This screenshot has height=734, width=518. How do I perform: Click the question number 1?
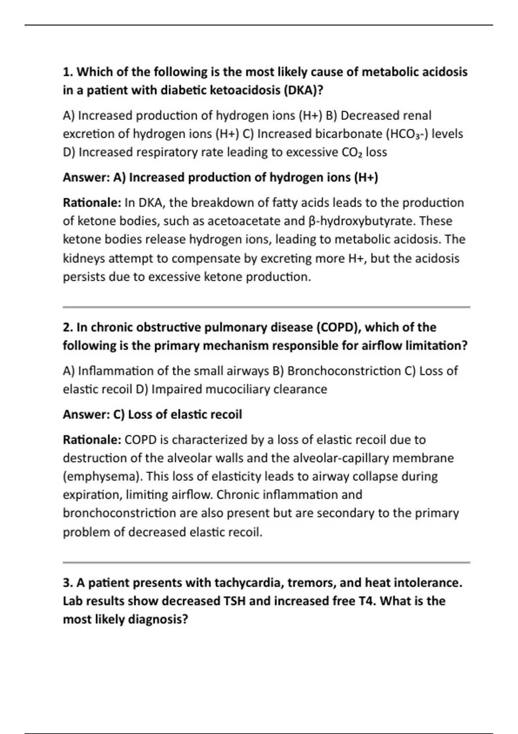[68, 72]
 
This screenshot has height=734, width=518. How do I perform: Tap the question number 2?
[68, 327]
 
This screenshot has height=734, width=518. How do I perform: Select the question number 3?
[68, 583]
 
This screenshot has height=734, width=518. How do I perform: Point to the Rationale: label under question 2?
[92, 440]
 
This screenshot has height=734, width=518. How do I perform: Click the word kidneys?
[84, 258]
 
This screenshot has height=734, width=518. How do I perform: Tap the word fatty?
[276, 202]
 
